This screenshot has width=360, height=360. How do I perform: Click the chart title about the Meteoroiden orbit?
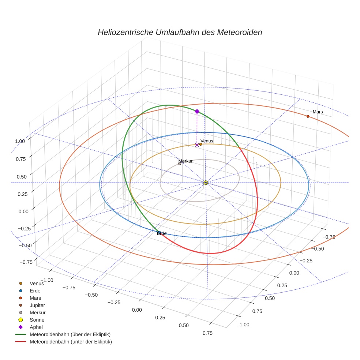pyautogui.click(x=180, y=32)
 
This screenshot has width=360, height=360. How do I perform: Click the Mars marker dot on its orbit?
pyautogui.click(x=308, y=116)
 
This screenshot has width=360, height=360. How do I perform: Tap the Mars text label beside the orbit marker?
pyautogui.click(x=318, y=112)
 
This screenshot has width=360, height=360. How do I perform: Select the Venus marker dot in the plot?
pyautogui.click(x=200, y=144)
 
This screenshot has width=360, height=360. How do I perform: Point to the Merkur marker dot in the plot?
pyautogui.click(x=180, y=164)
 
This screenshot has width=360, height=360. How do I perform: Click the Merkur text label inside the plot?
pyautogui.click(x=185, y=161)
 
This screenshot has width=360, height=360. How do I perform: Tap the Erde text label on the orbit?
pyautogui.click(x=162, y=233)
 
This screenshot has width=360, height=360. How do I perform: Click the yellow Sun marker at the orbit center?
pyautogui.click(x=206, y=183)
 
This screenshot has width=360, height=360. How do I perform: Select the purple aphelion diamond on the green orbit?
pyautogui.click(x=197, y=111)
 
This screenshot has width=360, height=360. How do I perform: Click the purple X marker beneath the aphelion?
pyautogui.click(x=197, y=145)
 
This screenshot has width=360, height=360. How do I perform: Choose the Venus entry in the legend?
pyautogui.click(x=36, y=283)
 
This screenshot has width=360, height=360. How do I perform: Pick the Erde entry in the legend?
pyautogui.click(x=35, y=290)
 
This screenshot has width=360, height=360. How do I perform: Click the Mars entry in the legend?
pyautogui.click(x=35, y=298)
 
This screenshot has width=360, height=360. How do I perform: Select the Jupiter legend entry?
pyautogui.click(x=37, y=305)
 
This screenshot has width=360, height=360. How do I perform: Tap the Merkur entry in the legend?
pyautogui.click(x=37, y=312)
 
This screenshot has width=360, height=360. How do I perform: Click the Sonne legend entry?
pyautogui.click(x=37, y=320)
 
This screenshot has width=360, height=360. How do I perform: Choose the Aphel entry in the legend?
pyautogui.click(x=36, y=327)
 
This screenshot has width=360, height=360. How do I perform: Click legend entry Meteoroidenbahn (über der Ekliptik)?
pyautogui.click(x=70, y=334)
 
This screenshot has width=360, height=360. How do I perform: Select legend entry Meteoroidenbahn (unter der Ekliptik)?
pyautogui.click(x=71, y=342)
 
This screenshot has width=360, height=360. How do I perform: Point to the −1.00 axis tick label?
pyautogui.click(x=47, y=280)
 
